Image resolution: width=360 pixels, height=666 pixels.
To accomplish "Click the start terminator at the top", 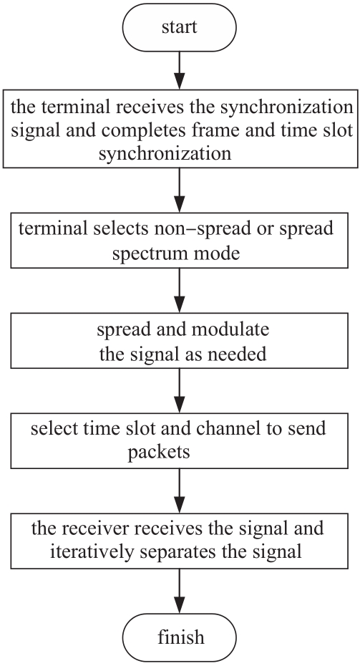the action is click(179, 28).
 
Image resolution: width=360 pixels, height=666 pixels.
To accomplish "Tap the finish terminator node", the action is click(179, 637).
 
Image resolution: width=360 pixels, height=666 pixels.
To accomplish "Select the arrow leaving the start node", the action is click(180, 70).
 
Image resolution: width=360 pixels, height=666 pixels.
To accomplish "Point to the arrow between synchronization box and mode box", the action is click(180, 190).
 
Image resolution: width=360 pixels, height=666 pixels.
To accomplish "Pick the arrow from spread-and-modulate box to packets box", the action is click(180, 390).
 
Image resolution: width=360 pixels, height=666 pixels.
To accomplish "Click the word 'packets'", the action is click(159, 453).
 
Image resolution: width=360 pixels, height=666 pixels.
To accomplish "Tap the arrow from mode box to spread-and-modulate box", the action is click(180, 291).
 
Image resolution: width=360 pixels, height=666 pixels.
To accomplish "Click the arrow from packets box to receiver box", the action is click(180, 491).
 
